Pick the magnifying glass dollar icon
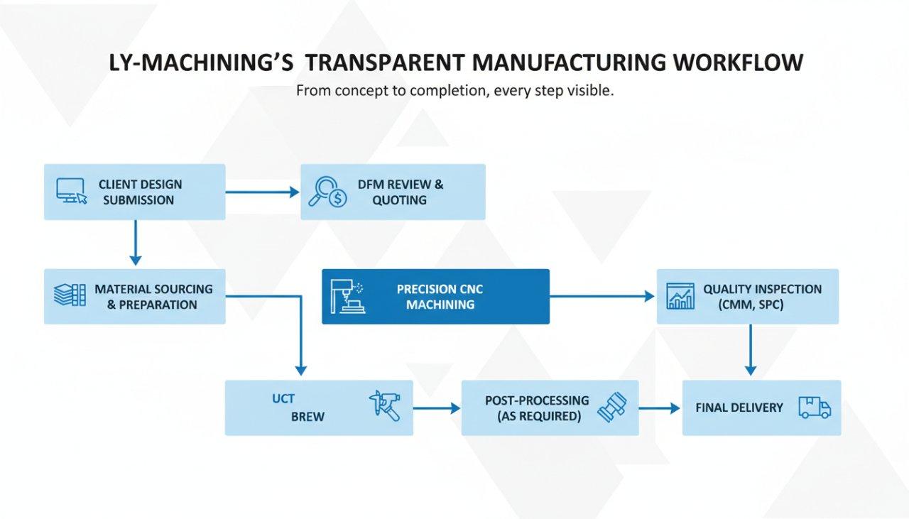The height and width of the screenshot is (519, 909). point(327,192)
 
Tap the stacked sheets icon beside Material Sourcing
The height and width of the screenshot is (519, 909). point(70,295)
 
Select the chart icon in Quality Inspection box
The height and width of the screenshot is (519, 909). point(680,296)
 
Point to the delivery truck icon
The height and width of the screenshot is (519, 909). point(814,407)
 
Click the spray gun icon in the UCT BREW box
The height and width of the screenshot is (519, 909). point(385,405)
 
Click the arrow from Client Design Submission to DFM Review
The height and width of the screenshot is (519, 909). point(262,192)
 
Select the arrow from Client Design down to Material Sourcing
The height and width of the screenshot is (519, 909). point(135,243)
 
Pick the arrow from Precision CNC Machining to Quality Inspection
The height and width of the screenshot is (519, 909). point(602,296)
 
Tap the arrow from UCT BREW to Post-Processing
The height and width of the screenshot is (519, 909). point(437,408)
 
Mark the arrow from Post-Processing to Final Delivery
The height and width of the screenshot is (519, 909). point(660,408)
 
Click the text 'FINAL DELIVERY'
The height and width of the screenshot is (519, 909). point(739,408)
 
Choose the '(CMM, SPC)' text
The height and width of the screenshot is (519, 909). point(752,305)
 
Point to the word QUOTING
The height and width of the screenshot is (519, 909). point(400,200)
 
